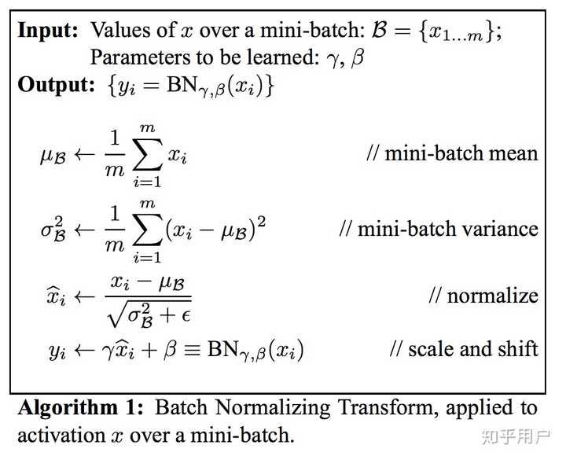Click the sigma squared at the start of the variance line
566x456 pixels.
click(54, 230)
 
